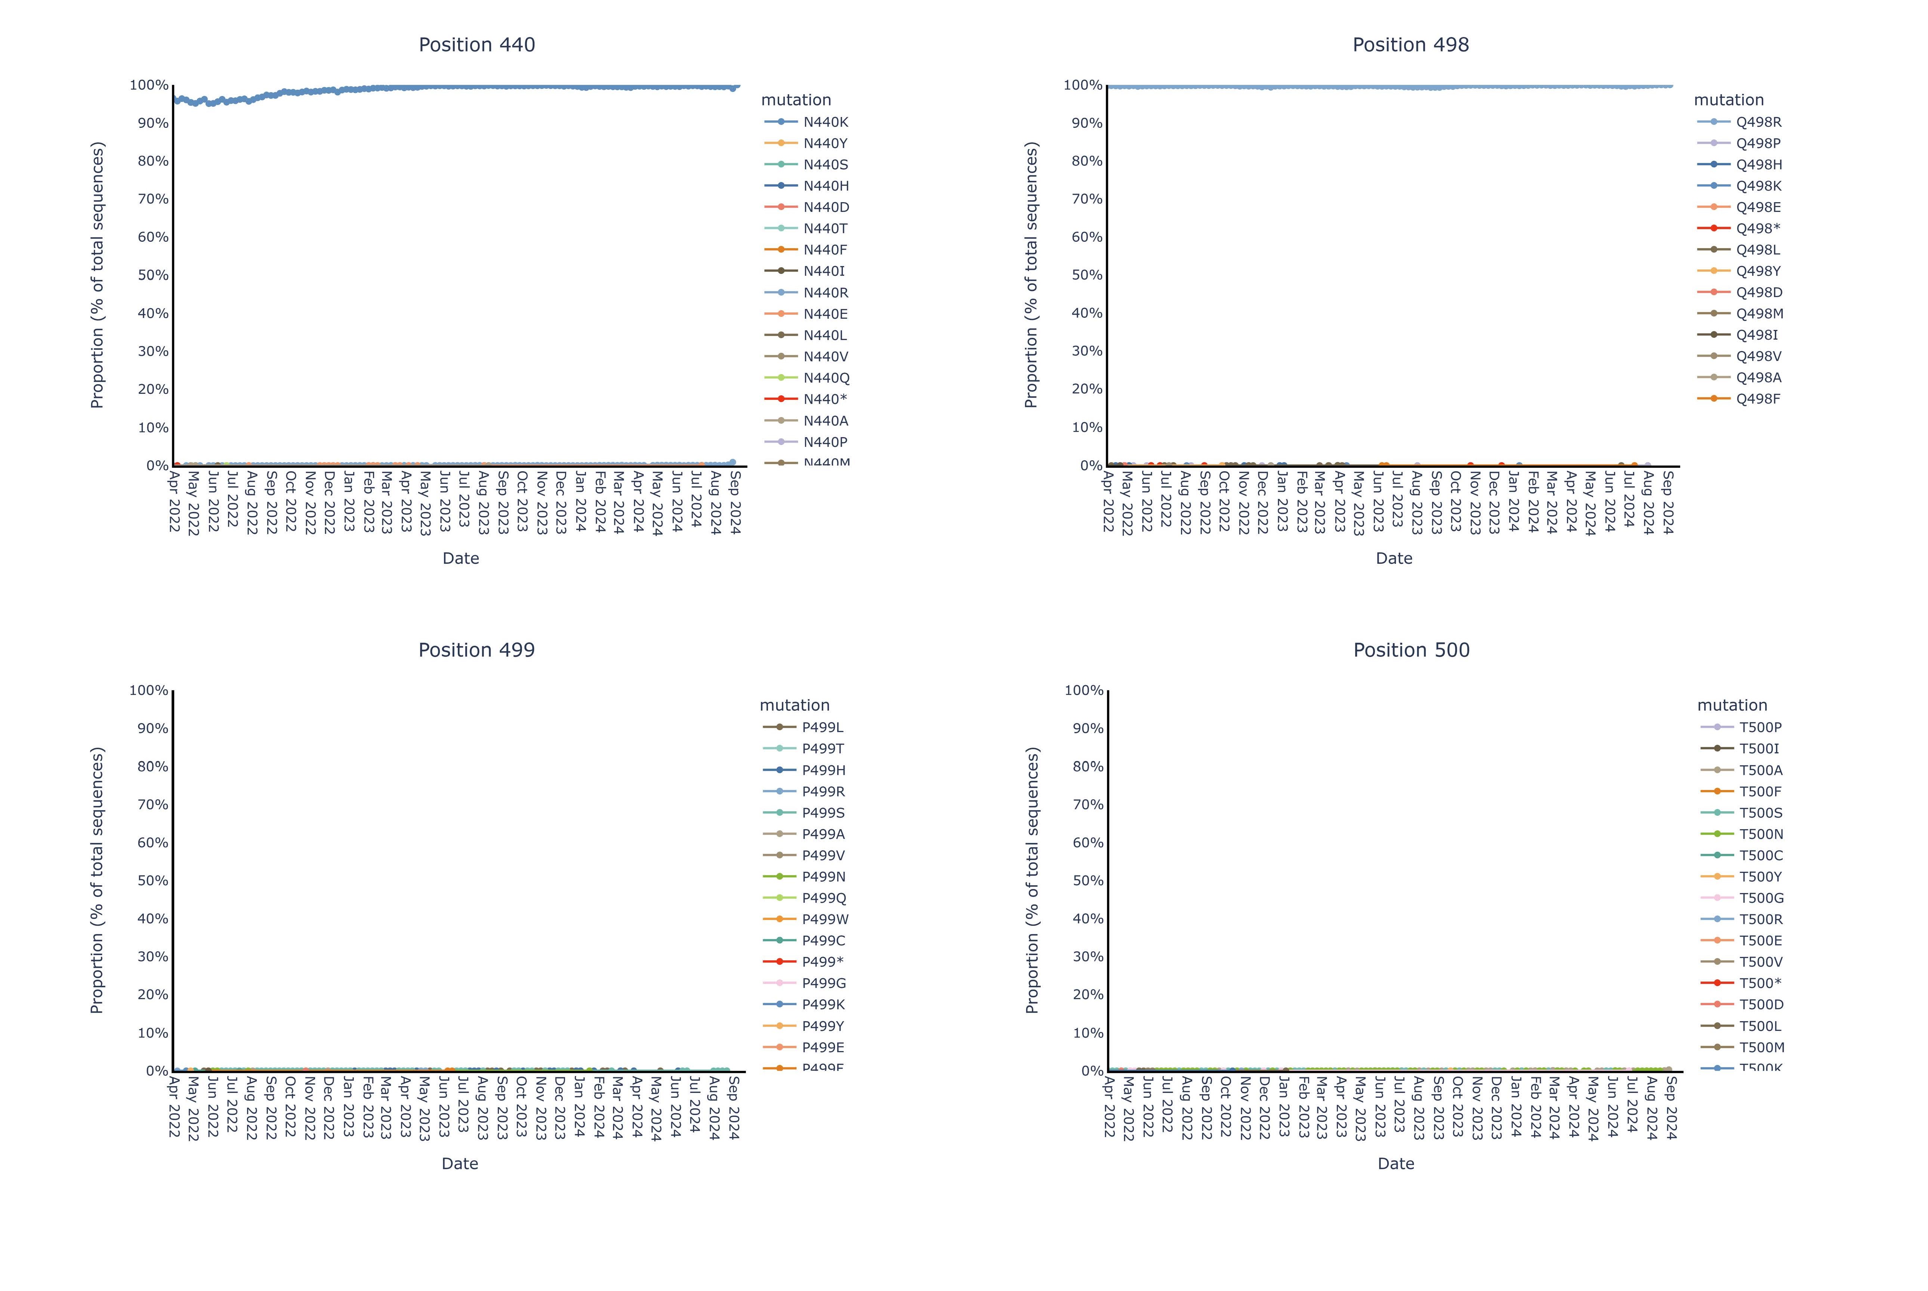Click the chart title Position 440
[x=476, y=45]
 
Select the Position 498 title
[x=1410, y=45]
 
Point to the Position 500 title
[x=1411, y=651]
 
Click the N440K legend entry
[x=825, y=122]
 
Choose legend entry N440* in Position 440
[x=825, y=399]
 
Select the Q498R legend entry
[x=1758, y=122]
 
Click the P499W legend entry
[x=825, y=920]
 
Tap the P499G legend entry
[x=823, y=983]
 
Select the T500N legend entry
[x=1761, y=834]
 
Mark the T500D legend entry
[x=1761, y=1004]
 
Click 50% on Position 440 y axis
[x=153, y=275]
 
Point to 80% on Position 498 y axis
[x=1087, y=161]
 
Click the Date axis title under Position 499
[x=459, y=1163]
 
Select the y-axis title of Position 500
[x=1032, y=880]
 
